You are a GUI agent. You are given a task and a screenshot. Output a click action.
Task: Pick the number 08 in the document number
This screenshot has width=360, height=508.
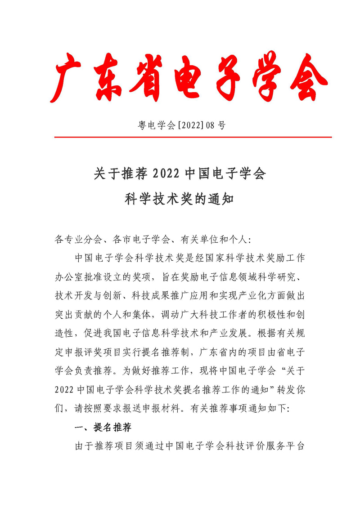click(210, 125)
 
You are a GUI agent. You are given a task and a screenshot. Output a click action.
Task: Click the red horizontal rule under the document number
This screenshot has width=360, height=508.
click(193, 137)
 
